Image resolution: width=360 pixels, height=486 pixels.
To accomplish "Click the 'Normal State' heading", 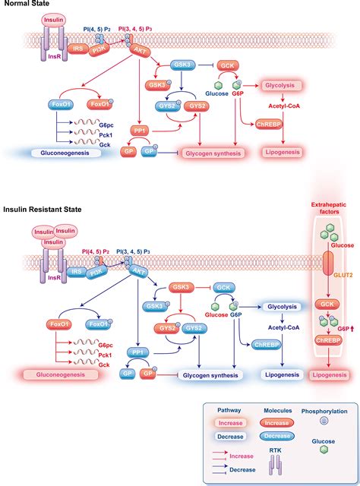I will [27, 6].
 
